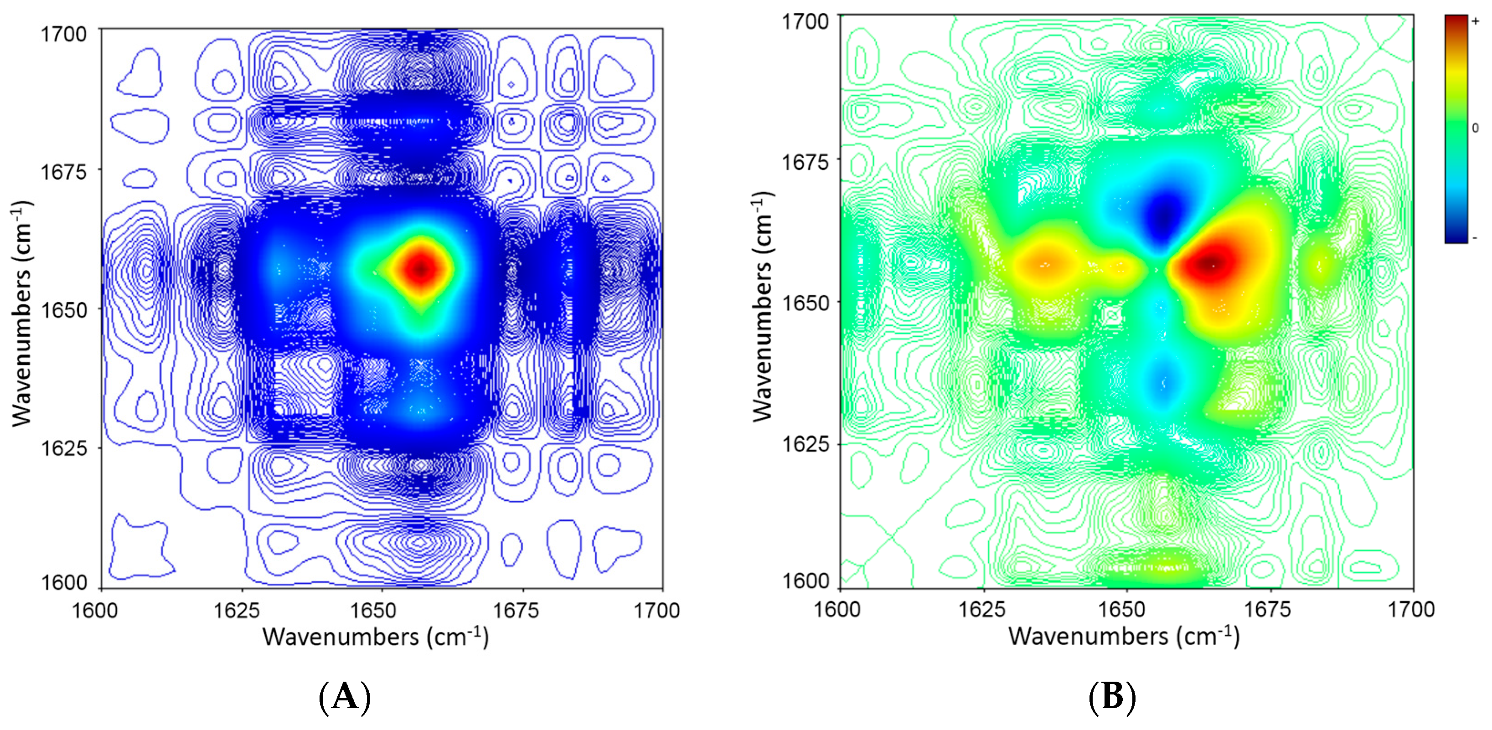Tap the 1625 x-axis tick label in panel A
pos(236,610)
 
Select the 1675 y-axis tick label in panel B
pos(805,161)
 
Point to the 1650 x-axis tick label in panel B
pos(1125,609)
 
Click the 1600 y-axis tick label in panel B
pos(805,580)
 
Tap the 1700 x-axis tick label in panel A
pos(656,610)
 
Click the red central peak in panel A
pos(422,268)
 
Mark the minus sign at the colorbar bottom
pos(1475,237)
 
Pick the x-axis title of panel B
pos(1124,636)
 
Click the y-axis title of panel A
pos(22,313)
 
